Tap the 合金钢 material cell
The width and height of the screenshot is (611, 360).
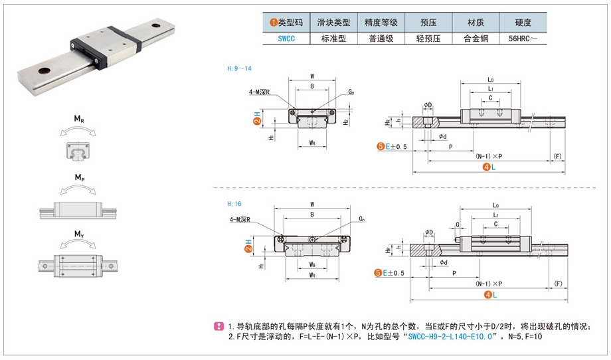click(x=476, y=39)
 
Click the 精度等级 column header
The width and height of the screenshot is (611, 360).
click(x=381, y=22)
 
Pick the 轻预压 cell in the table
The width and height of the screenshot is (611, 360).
click(x=428, y=39)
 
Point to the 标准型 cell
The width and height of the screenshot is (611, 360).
click(x=333, y=39)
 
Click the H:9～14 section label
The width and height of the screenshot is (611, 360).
click(x=239, y=68)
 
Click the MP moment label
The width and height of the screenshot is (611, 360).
click(x=78, y=177)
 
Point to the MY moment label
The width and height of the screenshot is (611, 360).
click(x=78, y=234)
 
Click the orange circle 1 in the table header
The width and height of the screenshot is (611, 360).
click(x=273, y=22)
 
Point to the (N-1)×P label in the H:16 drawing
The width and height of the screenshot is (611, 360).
click(x=488, y=284)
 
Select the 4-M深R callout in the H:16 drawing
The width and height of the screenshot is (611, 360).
click(x=240, y=219)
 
